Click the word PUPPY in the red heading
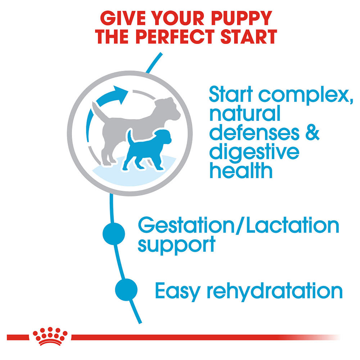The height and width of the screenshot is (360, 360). [241, 18]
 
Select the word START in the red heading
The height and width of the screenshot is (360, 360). [249, 36]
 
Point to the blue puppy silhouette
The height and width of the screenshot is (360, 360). [147, 150]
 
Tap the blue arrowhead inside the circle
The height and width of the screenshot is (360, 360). [121, 95]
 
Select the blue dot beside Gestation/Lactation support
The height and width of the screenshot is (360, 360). [114, 234]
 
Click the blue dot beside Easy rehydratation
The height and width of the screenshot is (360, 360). [126, 289]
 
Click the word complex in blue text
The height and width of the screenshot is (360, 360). [306, 95]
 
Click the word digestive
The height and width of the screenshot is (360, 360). [255, 152]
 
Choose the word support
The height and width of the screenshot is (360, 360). [176, 245]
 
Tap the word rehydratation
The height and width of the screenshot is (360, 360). [275, 291]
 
